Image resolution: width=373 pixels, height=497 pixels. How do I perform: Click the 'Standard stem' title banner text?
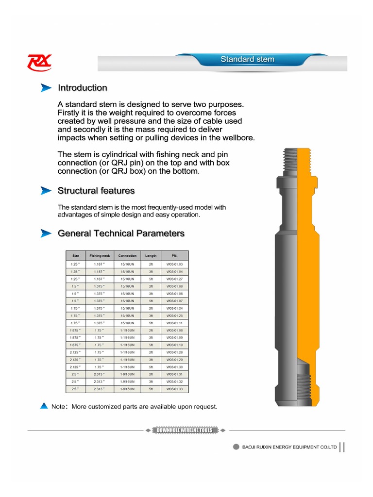pos(247,59)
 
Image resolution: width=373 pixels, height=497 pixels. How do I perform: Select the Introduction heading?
pos(83,88)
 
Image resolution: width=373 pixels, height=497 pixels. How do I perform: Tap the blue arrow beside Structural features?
pos(46,190)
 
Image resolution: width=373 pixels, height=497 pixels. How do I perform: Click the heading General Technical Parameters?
pos(121,233)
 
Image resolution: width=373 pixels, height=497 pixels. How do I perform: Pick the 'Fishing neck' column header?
pos(100,256)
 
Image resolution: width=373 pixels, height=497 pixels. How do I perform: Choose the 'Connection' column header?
pos(127,256)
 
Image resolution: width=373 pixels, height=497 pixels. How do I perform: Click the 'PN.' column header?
pos(174,256)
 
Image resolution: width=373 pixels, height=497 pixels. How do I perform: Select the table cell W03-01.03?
pos(174,264)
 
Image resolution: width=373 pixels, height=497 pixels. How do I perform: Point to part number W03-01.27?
pos(174,279)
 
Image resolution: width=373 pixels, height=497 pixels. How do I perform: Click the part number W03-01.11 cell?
pos(174,323)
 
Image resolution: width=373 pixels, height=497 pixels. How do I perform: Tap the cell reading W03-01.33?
pos(174,389)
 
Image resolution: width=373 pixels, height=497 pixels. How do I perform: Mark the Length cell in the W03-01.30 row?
pos(151,367)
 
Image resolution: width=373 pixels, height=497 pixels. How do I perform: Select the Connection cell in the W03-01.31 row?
pos(127,374)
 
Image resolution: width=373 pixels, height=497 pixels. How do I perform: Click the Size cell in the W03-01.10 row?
pos(75,345)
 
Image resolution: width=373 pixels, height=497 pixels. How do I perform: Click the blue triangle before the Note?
pos(44,406)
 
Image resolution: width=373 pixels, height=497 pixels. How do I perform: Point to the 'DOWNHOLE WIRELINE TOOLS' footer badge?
pos(185,430)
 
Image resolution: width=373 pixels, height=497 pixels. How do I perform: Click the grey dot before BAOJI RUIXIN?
pos(236,447)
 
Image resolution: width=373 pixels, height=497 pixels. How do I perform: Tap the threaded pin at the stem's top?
pos(296,161)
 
